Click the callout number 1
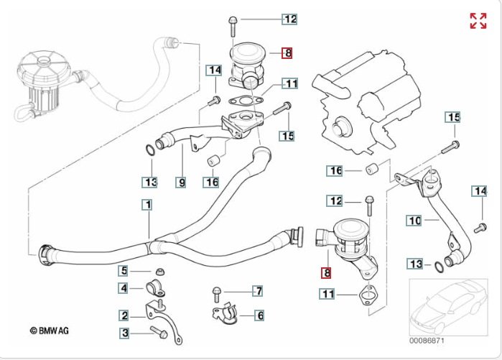[x=147, y=205]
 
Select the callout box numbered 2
[x=124, y=315]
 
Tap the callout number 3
[x=124, y=333]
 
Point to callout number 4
[x=124, y=288]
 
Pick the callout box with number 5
[x=124, y=271]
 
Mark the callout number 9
[x=182, y=183]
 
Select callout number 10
[x=414, y=221]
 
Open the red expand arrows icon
[x=478, y=21]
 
